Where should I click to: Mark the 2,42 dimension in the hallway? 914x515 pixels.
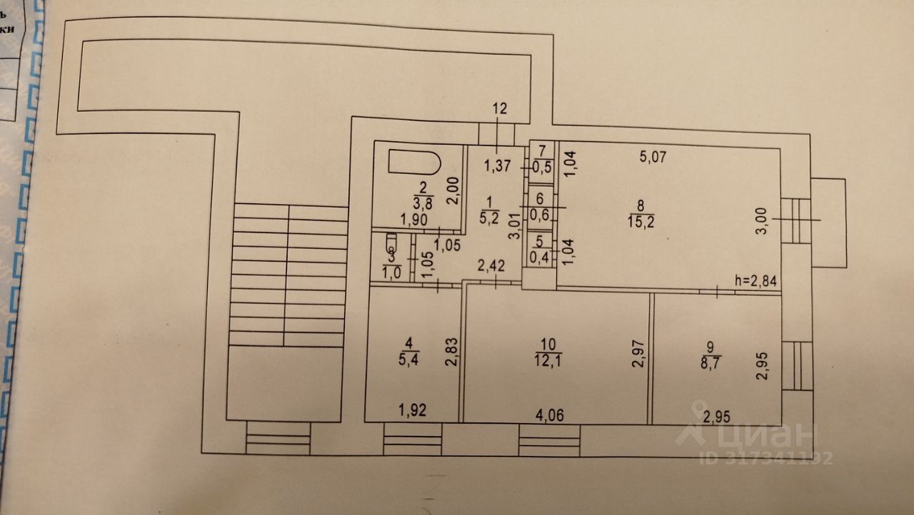click(x=491, y=267)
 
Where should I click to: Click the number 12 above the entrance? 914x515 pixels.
click(x=499, y=109)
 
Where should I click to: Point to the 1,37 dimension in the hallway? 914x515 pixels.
click(x=498, y=167)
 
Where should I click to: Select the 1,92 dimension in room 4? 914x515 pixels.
click(x=413, y=410)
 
